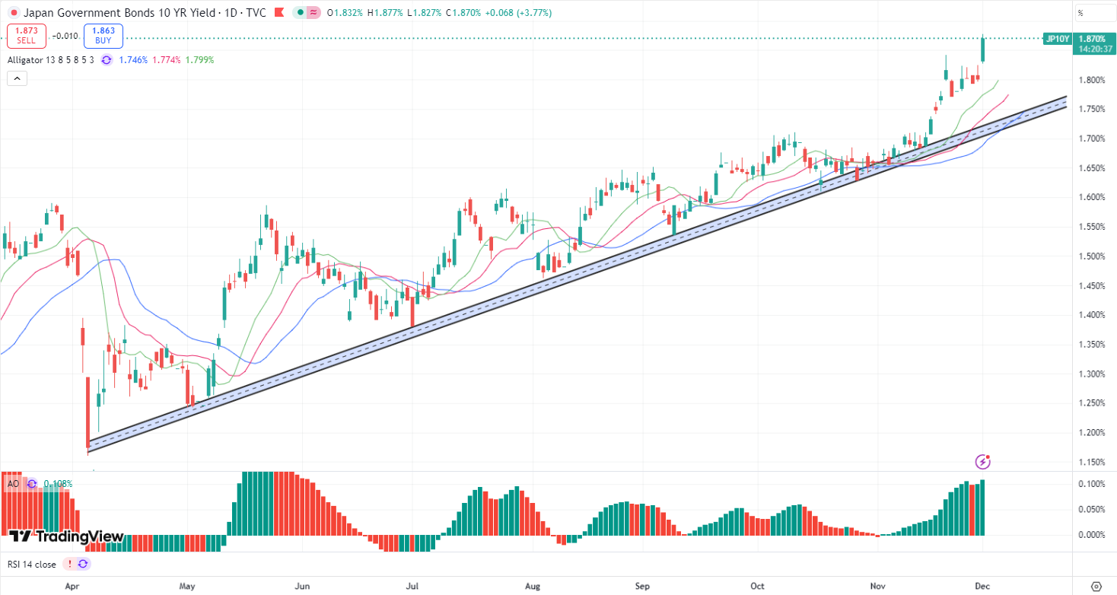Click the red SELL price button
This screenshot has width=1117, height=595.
pos(27,35)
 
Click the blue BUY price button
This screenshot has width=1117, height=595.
pos(103,35)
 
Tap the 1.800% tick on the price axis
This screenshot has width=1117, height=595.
pos(1091,80)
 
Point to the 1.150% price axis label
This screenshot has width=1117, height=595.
pos(1091,462)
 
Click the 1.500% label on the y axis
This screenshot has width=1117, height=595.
pos(1091,256)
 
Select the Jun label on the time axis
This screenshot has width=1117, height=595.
pos(303,587)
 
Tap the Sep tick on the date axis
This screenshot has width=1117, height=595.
pos(642,587)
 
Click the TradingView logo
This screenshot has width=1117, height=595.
pos(67,536)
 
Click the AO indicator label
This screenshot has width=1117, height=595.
pos(13,483)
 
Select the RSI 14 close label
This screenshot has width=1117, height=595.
pos(32,564)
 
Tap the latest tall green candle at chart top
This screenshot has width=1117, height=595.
pos(983,49)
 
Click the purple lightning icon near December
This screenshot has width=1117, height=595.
pos(983,461)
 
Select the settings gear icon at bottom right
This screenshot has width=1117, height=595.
pos(1096,587)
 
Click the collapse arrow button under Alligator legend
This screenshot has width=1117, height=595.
pos(17,78)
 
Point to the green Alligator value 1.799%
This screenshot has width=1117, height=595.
pos(200,59)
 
